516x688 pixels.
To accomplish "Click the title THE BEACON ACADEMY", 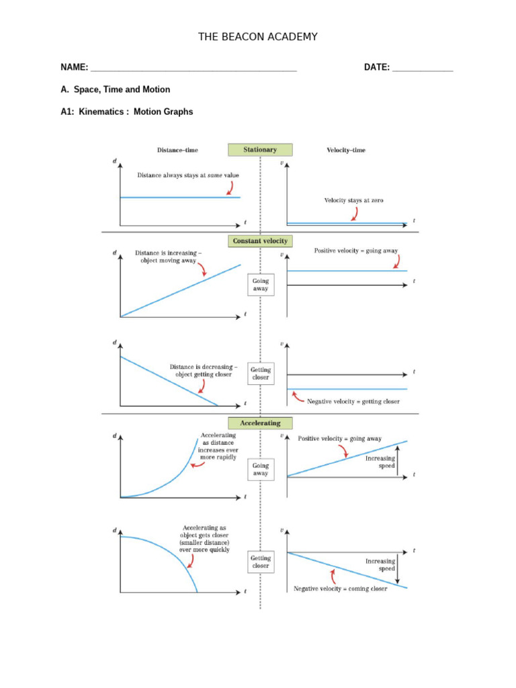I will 257,37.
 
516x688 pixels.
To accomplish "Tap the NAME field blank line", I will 193,69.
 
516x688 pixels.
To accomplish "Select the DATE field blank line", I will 423,69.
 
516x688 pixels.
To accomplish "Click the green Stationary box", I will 260,150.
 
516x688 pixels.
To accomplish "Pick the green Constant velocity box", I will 260,241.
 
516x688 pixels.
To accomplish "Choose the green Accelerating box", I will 260,423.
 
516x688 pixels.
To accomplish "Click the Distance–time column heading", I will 177,150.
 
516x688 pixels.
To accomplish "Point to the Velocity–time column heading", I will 346,150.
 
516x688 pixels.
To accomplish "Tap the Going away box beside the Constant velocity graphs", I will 261,284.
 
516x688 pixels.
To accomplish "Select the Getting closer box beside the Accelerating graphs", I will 261,562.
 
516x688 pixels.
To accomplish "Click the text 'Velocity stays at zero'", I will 354,200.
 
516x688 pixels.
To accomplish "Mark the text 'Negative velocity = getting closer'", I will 353,401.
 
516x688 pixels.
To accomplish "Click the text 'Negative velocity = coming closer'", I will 340,589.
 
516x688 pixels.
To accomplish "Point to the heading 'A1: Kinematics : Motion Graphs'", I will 126,112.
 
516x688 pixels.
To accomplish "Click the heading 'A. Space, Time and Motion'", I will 115,89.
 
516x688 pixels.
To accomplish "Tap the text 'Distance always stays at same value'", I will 188,175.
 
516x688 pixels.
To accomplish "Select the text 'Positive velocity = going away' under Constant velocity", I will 356,251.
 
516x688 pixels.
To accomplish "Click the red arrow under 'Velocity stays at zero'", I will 353,214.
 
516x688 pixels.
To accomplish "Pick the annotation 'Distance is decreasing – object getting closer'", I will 203,371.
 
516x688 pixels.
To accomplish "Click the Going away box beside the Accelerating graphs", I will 261,469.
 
